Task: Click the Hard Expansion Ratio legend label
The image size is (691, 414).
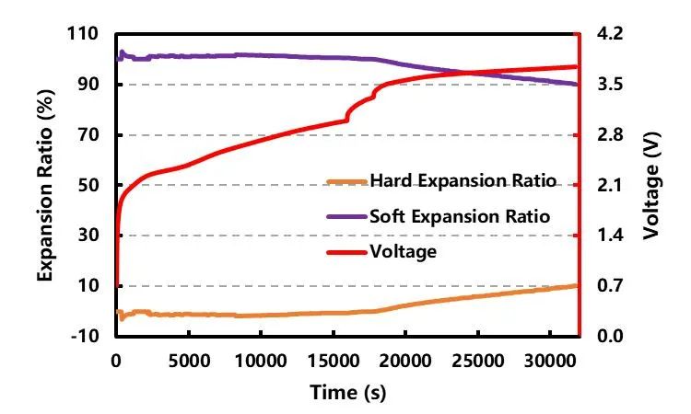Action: click(463, 180)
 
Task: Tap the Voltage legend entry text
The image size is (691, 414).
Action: click(402, 250)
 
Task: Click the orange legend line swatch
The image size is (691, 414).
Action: click(346, 181)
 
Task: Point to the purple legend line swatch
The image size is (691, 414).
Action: click(346, 217)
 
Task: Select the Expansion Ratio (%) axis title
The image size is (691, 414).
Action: click(43, 184)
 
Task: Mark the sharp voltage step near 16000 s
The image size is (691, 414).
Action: click(347, 113)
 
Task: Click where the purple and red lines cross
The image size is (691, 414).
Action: click(464, 73)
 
